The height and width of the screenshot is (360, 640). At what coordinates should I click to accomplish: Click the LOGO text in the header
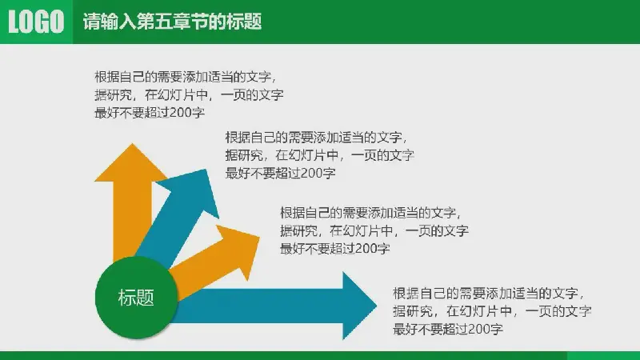tap(35, 22)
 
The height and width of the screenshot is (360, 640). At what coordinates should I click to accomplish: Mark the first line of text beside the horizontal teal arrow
tap(492, 294)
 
